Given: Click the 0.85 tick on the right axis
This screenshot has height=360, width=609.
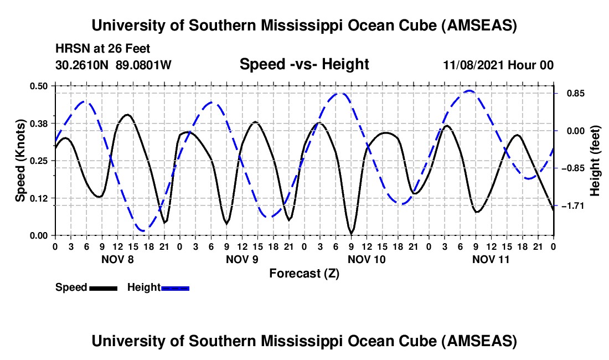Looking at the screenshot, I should [x=572, y=94].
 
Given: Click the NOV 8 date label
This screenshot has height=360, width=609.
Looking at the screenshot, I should [x=117, y=259].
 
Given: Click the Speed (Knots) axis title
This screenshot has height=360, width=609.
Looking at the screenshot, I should [x=20, y=161].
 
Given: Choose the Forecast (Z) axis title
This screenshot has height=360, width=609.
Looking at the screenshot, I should [x=304, y=273].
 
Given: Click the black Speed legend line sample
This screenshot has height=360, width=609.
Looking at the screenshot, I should [x=104, y=288].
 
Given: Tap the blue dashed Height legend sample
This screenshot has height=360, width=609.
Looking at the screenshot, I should [x=175, y=288].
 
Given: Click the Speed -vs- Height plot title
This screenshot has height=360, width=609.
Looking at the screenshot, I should [x=304, y=64].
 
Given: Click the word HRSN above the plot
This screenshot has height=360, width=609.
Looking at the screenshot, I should [x=70, y=49].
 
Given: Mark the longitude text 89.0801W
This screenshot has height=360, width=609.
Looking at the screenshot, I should [x=144, y=65].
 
